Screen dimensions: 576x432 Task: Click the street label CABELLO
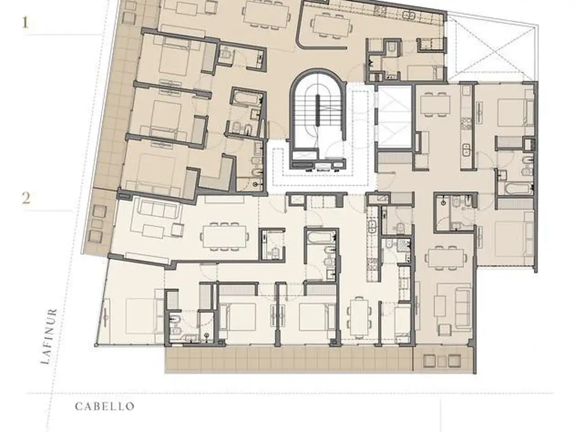tap(105, 406)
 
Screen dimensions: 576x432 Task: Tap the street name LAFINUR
tap(49, 336)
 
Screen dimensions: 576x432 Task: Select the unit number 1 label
tap(25, 22)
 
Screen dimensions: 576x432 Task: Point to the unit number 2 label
tap(26, 198)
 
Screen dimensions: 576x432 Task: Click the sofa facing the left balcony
tap(157, 211)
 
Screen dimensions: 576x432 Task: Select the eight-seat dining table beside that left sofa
tap(224, 236)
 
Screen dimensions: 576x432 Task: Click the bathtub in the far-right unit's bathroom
tap(517, 189)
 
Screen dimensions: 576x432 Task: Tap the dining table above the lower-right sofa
tap(446, 258)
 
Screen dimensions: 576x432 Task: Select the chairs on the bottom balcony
tap(441, 361)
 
